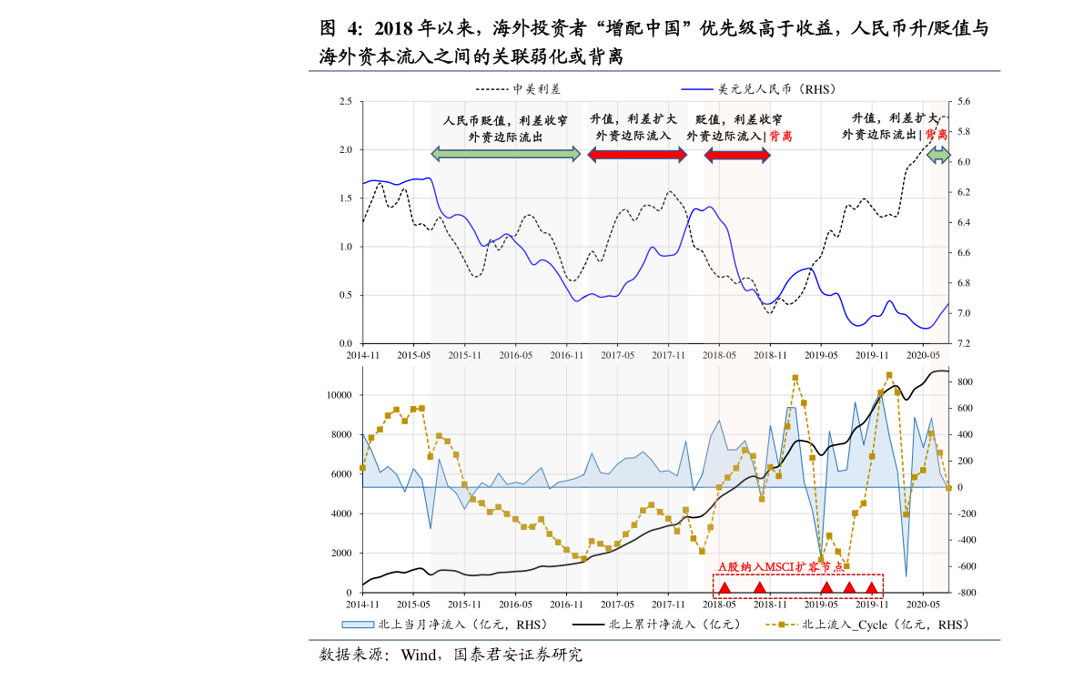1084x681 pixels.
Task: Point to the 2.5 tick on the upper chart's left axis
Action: tap(345, 101)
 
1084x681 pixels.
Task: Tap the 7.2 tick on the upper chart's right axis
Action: tap(963, 344)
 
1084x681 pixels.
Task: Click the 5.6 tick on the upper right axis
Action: tap(963, 102)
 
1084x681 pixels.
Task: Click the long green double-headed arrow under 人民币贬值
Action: tap(505, 155)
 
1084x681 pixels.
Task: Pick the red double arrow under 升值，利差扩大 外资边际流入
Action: tap(637, 155)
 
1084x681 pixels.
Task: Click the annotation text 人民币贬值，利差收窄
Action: tap(505, 120)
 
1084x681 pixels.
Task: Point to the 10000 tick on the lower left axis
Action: tap(339, 395)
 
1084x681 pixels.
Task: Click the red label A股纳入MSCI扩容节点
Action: tap(781, 567)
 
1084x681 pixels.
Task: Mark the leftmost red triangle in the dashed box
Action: tap(724, 587)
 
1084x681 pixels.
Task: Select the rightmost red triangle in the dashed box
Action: tap(871, 587)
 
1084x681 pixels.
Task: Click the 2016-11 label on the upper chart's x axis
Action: tap(566, 354)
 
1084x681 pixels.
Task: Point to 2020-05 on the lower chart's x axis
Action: tap(923, 604)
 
